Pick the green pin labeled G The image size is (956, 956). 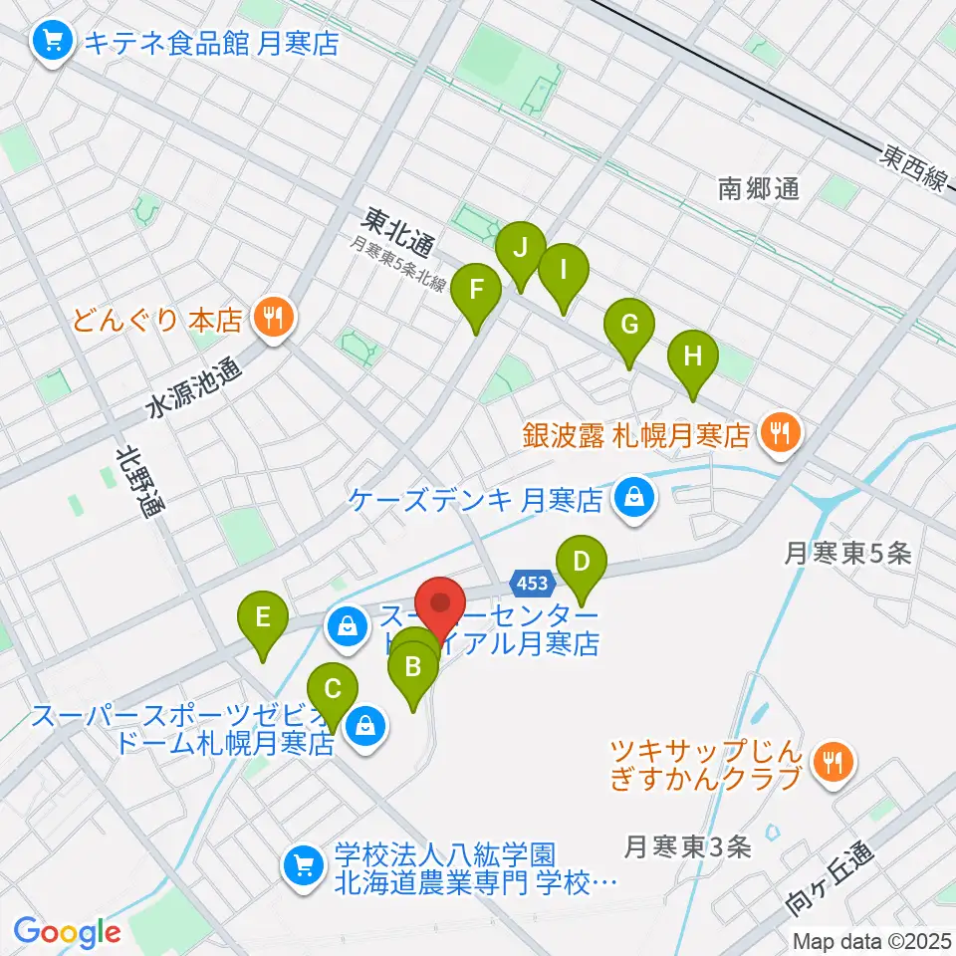click(629, 327)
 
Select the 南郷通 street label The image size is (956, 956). click(759, 188)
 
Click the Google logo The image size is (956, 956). click(68, 932)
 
